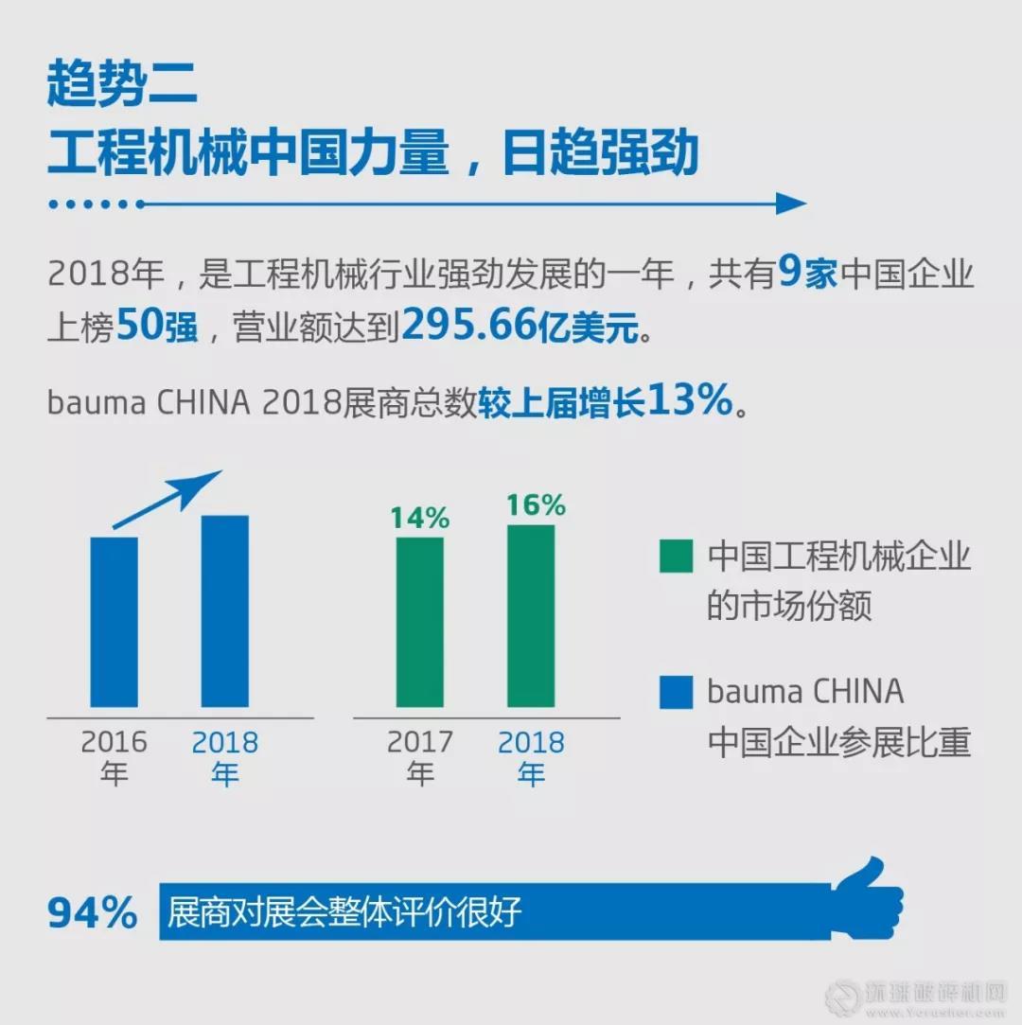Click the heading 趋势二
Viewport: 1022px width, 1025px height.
[122, 86]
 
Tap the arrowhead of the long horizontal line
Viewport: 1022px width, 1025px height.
[790, 203]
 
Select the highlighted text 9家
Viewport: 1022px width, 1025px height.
[807, 275]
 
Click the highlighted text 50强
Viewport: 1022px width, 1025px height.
[157, 327]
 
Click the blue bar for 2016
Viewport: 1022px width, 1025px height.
[115, 622]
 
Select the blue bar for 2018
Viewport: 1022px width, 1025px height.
[225, 611]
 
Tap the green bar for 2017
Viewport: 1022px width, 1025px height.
[420, 622]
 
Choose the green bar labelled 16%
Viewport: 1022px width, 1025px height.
[531, 616]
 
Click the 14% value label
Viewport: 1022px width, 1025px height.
[419, 518]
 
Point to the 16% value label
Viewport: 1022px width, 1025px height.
[535, 505]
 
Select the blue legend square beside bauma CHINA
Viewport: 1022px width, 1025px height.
[676, 694]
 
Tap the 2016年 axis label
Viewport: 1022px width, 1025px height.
[114, 757]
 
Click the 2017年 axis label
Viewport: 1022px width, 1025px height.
[420, 757]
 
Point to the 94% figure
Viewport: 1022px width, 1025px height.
[93, 913]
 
